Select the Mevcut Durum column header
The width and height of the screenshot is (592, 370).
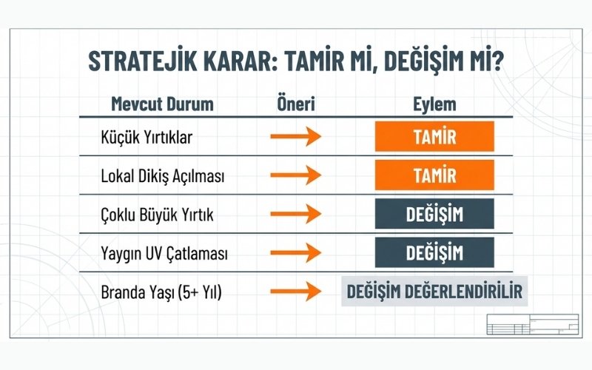pyautogui.click(x=162, y=104)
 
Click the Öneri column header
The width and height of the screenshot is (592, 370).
pyautogui.click(x=295, y=104)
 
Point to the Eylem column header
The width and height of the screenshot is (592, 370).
pyautogui.click(x=434, y=104)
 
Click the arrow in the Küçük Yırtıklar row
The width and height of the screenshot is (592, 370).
pyautogui.click(x=295, y=138)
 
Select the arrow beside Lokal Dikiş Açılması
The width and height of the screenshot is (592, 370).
pyautogui.click(x=295, y=177)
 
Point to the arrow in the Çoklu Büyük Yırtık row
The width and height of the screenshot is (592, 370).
pyautogui.click(x=295, y=215)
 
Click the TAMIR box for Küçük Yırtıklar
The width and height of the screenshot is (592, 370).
pyautogui.click(x=434, y=138)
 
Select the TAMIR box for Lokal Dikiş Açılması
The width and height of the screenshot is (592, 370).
pyautogui.click(x=434, y=176)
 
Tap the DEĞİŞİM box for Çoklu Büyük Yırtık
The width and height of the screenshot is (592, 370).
pyautogui.click(x=434, y=215)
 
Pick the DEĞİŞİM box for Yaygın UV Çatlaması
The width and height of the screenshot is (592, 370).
pyautogui.click(x=434, y=253)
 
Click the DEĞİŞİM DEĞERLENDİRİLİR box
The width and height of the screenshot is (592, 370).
pyautogui.click(x=434, y=292)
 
